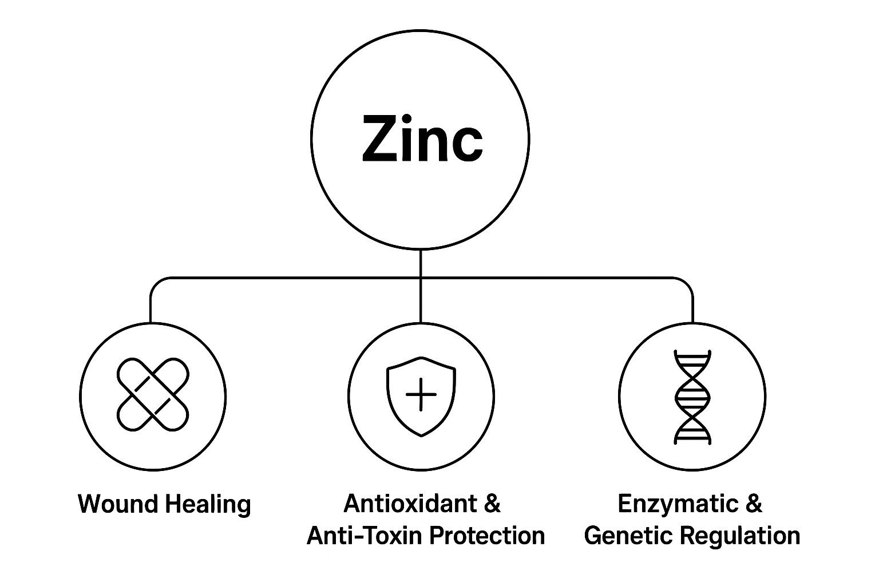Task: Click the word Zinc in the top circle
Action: click(422, 139)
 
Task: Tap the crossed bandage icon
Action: click(153, 395)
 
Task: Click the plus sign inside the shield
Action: click(421, 395)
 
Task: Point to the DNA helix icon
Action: click(692, 397)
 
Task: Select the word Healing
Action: click(208, 505)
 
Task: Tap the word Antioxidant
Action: click(410, 504)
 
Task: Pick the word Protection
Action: click(487, 536)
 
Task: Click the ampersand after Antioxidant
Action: click(492, 504)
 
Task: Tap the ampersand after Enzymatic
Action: click(754, 504)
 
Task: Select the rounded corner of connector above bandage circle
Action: click(155, 283)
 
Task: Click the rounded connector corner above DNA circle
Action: click(687, 283)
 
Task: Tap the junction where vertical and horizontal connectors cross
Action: click(421, 279)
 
